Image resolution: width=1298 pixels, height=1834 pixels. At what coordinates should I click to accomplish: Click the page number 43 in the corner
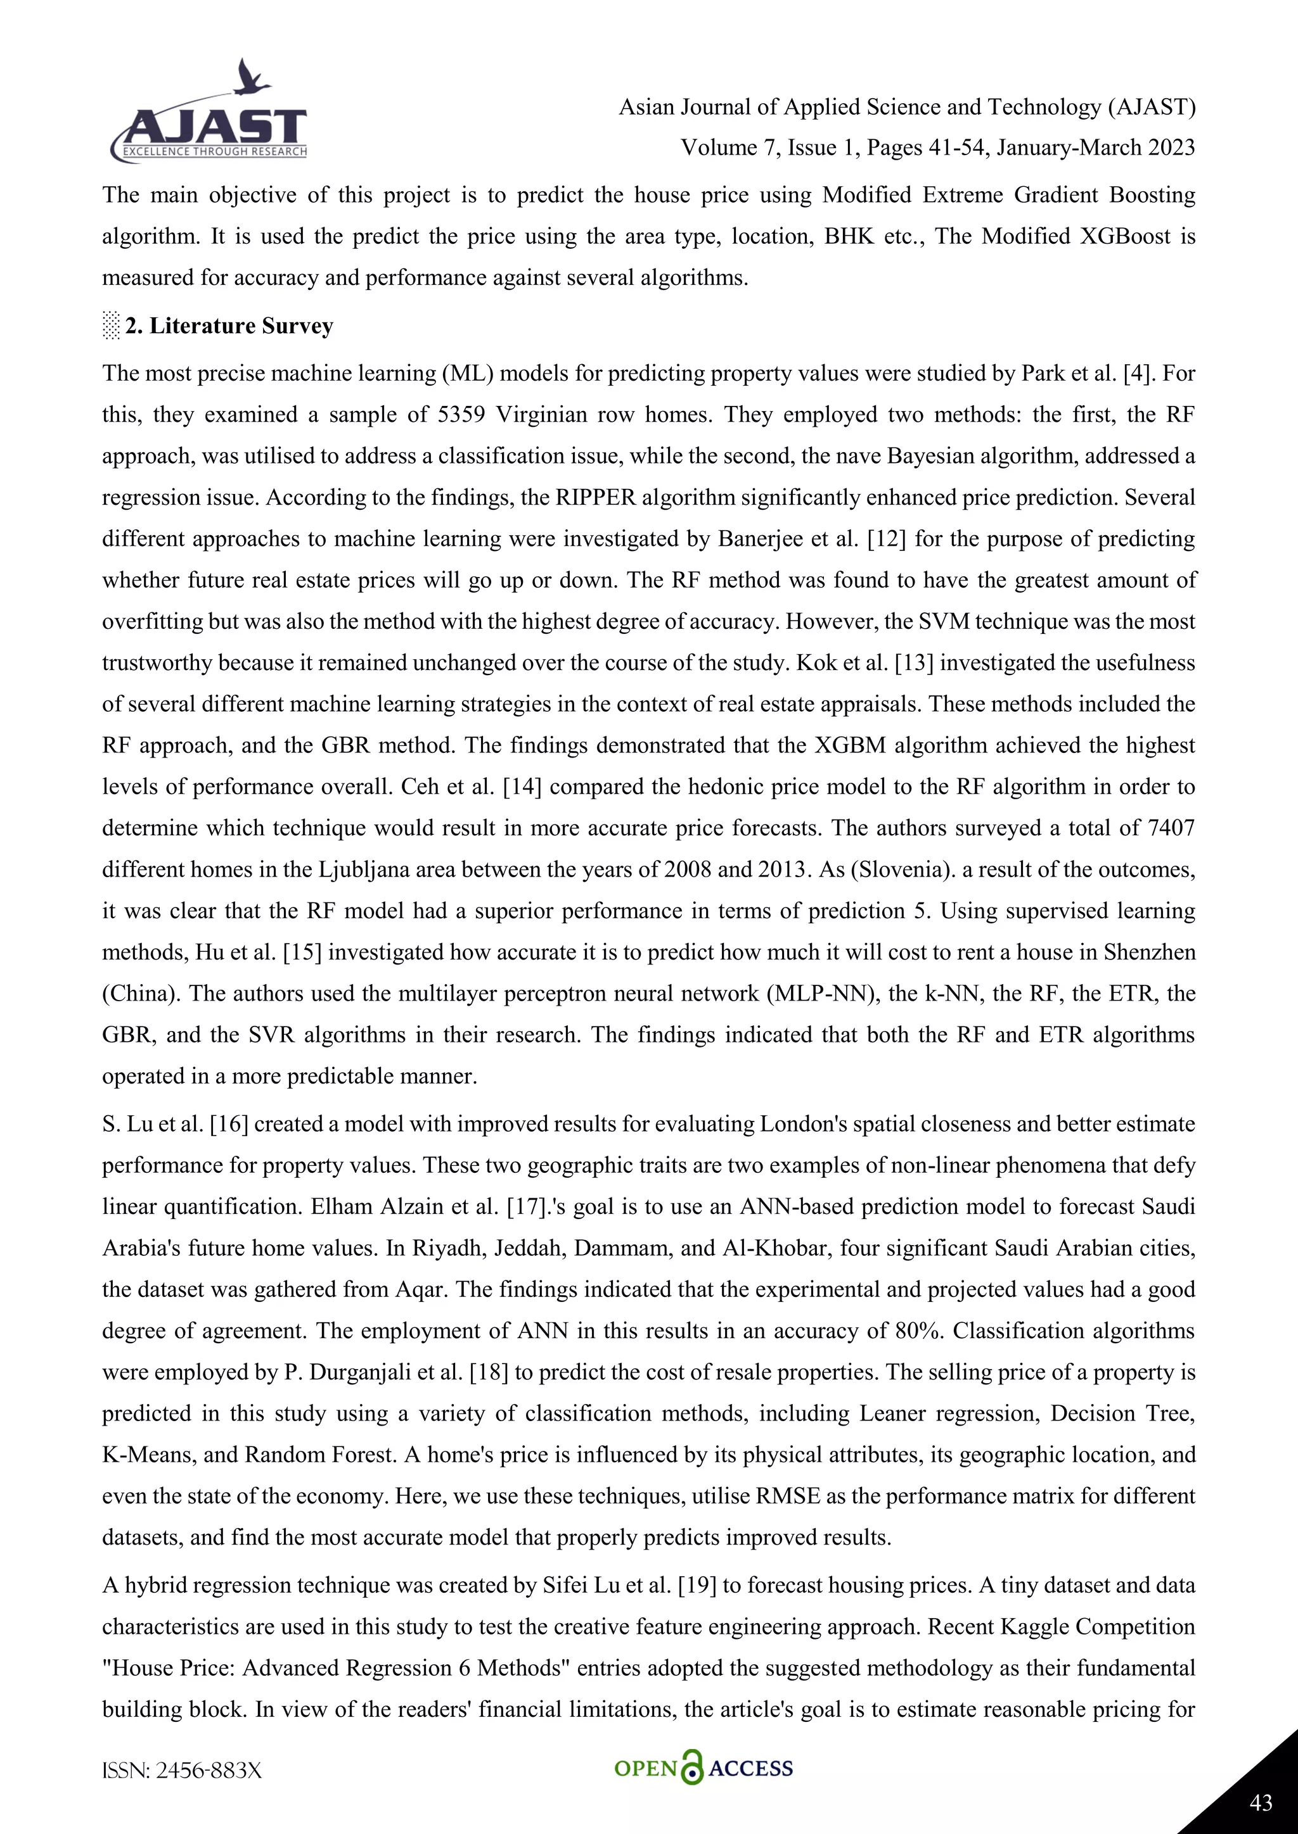point(1261,1802)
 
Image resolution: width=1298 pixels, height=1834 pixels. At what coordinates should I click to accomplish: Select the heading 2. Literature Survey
point(229,326)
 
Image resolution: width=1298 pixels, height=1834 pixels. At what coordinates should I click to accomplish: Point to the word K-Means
point(146,1455)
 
